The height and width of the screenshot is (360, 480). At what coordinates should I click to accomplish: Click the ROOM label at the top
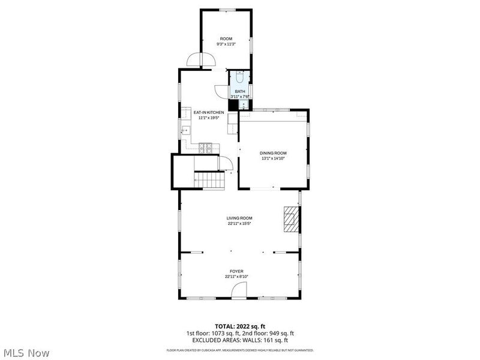(x=226, y=38)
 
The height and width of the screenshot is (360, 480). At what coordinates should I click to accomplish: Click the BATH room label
(x=239, y=91)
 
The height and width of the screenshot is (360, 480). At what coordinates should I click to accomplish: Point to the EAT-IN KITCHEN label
(x=208, y=112)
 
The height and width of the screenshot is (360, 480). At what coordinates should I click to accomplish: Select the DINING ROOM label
(x=273, y=153)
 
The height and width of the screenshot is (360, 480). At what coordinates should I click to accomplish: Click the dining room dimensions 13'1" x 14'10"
(x=273, y=158)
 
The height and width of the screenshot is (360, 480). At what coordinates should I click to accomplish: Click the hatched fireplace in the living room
(x=290, y=220)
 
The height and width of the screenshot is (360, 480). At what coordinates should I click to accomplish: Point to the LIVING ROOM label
(x=239, y=218)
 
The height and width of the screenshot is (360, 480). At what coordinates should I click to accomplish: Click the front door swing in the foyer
(x=239, y=291)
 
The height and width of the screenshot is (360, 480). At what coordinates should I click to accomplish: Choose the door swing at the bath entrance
(x=223, y=92)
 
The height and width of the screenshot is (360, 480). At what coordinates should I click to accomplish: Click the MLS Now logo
(x=27, y=353)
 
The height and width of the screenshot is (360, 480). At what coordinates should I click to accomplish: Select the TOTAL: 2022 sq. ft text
(x=239, y=326)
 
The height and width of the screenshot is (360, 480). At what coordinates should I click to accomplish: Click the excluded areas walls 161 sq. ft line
(x=239, y=340)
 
